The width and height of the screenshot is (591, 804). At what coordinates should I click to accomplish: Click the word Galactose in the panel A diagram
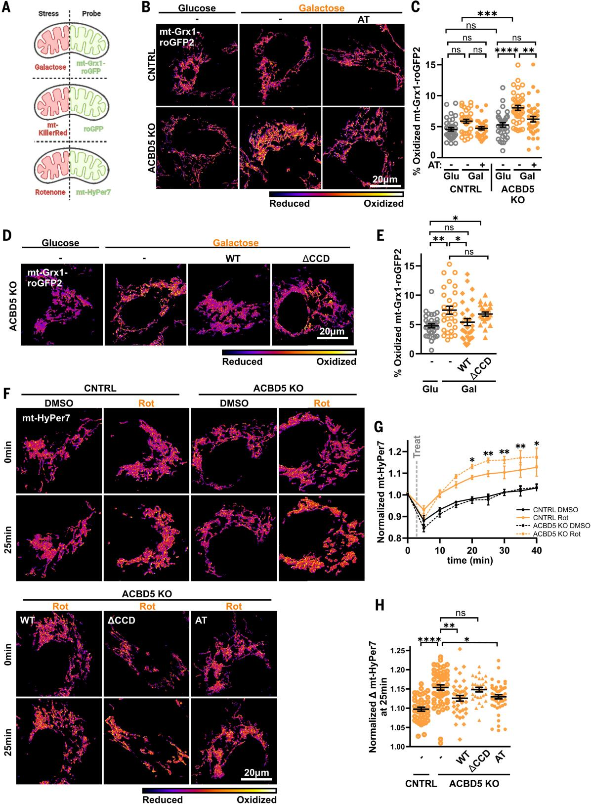tap(50, 67)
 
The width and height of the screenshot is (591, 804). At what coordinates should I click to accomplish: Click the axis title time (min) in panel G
tap(469, 560)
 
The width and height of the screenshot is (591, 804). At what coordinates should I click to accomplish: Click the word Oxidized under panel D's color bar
tap(336, 361)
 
